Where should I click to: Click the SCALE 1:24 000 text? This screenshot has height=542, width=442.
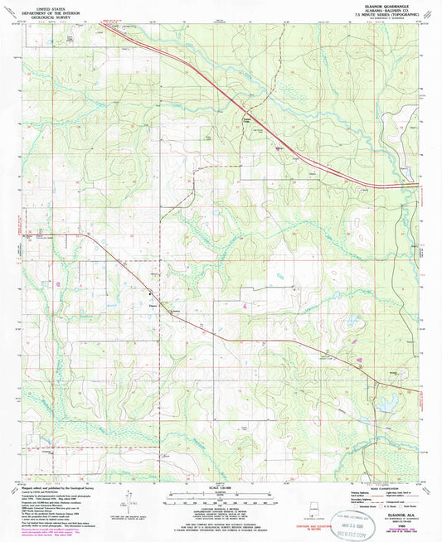[x=219, y=486]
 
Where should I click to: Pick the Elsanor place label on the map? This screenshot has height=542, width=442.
[x=152, y=305]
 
